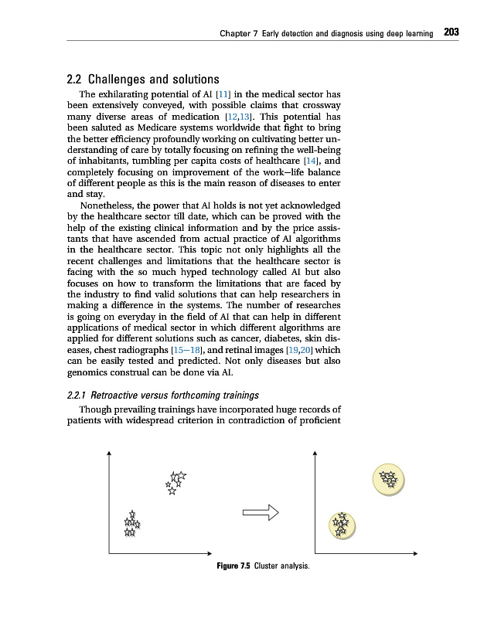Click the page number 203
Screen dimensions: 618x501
452,32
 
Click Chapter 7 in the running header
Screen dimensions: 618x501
238,33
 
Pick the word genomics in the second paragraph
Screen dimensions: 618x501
80,372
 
